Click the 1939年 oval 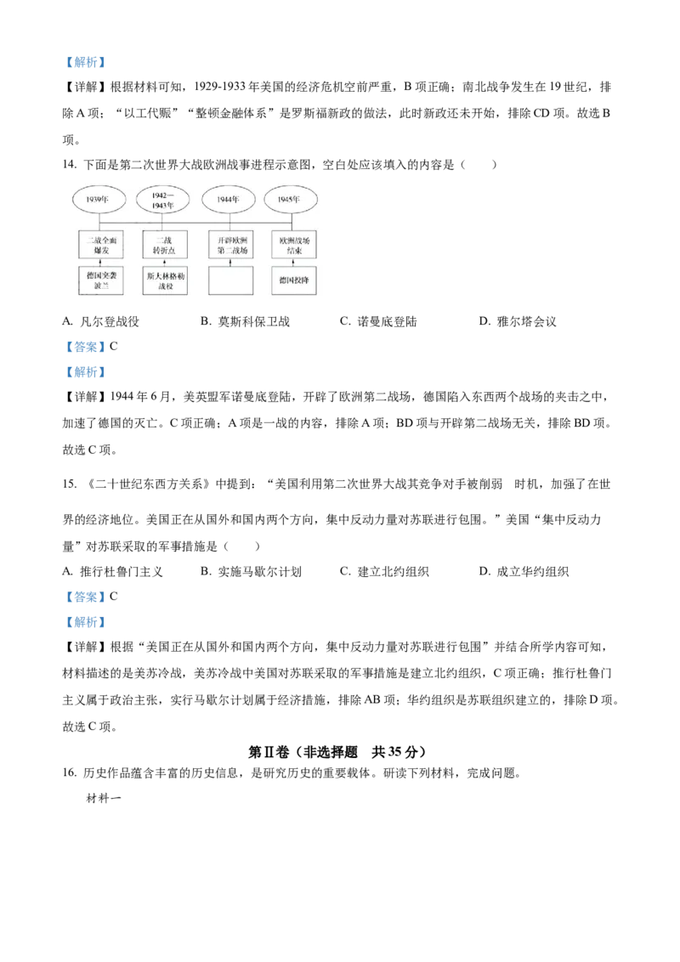[x=100, y=200]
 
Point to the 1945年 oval [x=292, y=200]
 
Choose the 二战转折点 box [x=165, y=246]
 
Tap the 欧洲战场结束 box [x=293, y=246]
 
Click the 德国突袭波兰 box [x=100, y=280]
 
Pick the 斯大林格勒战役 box [x=165, y=280]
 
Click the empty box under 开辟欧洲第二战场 [x=231, y=280]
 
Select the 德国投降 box [x=293, y=280]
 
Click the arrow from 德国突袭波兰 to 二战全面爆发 [x=100, y=263]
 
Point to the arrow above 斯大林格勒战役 [x=165, y=263]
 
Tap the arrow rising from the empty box [x=231, y=263]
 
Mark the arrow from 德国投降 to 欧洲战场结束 [x=293, y=263]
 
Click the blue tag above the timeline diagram [x=86, y=62]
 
